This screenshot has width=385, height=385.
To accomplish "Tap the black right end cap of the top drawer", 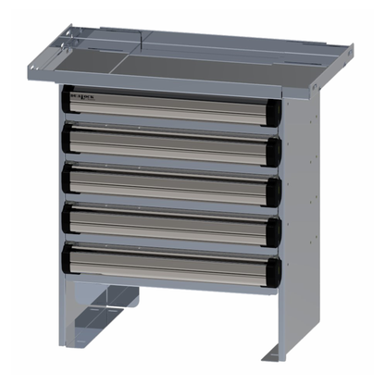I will [x=275, y=111].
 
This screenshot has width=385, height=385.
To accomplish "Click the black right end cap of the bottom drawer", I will [x=275, y=270].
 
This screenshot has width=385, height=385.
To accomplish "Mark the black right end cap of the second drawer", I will [x=275, y=151].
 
